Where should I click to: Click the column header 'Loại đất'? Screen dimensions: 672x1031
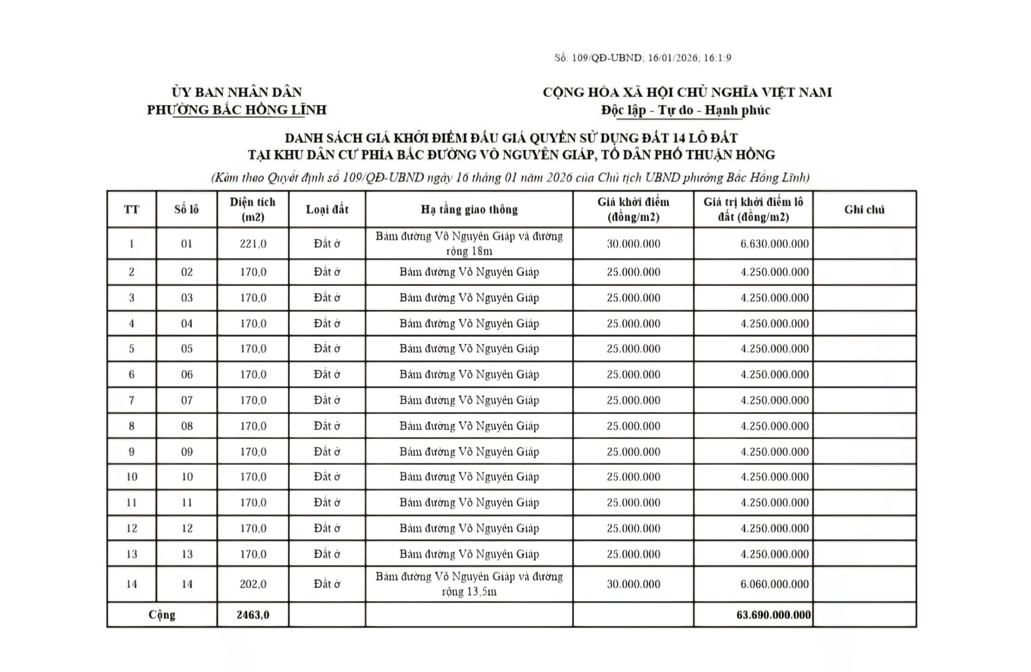point(327,210)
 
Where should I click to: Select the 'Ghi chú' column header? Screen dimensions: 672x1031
point(864,210)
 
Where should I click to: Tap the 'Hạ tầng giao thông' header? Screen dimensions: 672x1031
point(469,210)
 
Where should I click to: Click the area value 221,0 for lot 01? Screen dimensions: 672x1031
point(253,244)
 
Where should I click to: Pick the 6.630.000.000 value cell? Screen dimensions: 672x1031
point(774,244)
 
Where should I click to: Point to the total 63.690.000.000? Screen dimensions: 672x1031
point(773,615)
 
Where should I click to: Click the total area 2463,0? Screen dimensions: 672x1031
point(253,615)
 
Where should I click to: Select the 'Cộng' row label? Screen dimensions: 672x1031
point(162,615)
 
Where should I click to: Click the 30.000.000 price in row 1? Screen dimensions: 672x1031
point(633,244)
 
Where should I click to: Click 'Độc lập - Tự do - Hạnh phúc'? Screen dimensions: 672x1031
point(685,110)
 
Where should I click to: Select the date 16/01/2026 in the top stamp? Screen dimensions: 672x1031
point(673,58)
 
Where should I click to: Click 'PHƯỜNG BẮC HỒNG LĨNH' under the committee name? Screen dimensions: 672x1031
point(236,110)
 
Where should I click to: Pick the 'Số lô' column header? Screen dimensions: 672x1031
point(187,210)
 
